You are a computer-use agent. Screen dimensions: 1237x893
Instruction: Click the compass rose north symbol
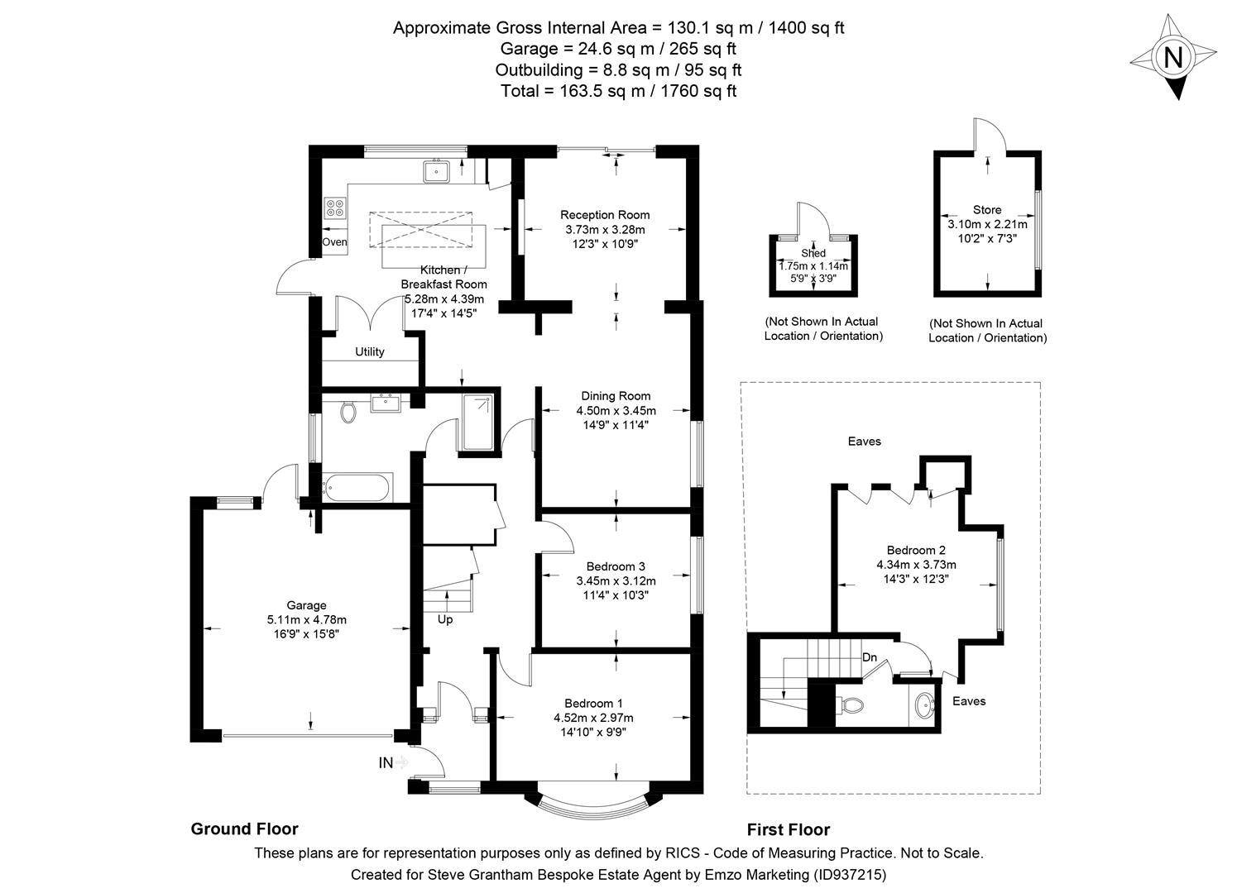(1173, 59)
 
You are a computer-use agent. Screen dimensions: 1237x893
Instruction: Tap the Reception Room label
(605, 215)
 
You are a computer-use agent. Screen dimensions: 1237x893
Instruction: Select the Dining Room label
(616, 396)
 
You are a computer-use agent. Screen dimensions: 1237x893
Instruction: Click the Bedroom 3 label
(616, 566)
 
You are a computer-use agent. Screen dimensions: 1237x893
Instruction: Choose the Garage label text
(306, 605)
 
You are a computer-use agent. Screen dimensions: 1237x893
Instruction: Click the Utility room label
(370, 351)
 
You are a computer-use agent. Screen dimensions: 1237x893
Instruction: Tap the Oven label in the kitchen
(334, 242)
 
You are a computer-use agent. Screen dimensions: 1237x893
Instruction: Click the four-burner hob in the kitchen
(335, 208)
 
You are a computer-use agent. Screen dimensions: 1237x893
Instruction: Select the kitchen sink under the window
(436, 171)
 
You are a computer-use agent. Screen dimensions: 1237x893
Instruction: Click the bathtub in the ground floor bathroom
(358, 487)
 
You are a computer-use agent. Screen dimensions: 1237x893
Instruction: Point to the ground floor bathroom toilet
(348, 410)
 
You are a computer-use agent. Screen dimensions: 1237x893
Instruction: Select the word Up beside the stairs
(445, 619)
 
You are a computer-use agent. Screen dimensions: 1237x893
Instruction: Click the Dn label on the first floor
(870, 657)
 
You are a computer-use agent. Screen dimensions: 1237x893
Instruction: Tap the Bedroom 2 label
(916, 550)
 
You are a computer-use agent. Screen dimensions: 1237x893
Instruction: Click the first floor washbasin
(926, 707)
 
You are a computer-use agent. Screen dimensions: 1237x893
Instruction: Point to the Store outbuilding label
(987, 210)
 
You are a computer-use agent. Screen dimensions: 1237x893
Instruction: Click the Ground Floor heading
(244, 829)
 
